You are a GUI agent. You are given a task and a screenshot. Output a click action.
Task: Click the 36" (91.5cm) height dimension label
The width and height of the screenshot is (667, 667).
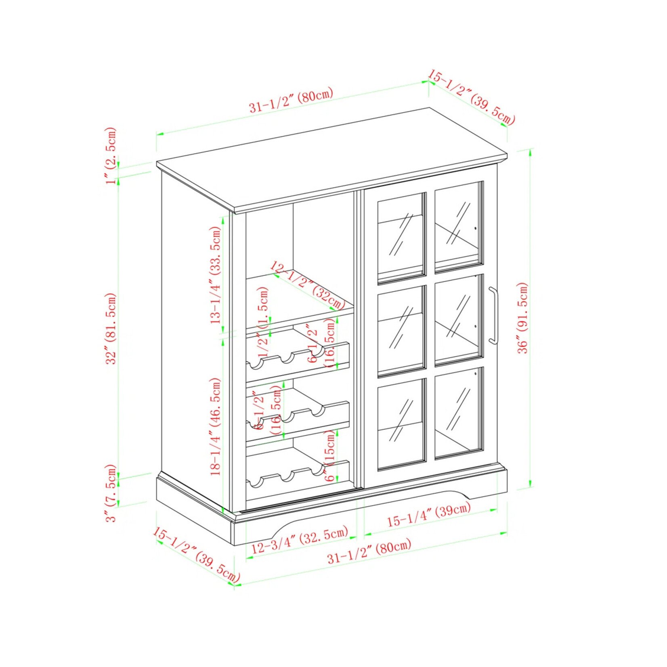pos(523,318)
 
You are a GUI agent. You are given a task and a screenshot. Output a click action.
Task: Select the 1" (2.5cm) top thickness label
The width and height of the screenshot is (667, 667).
pos(111,155)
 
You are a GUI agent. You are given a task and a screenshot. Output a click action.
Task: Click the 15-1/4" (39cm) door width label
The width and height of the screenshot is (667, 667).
pos(429,515)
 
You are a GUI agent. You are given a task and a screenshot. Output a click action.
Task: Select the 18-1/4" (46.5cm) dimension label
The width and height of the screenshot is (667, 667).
pos(216,426)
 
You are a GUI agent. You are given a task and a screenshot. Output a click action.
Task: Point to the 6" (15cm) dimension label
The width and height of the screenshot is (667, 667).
pos(330,456)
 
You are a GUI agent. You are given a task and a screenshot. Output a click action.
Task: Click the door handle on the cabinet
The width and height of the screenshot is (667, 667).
pos(493,315)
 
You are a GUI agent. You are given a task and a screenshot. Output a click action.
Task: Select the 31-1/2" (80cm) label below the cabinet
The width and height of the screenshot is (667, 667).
pos(369,552)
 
